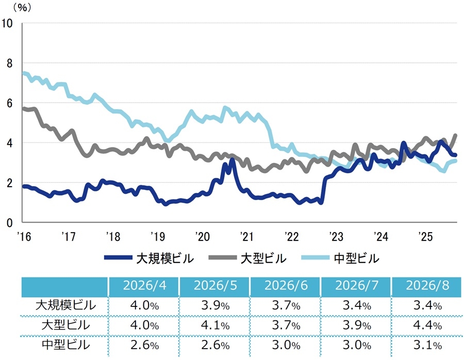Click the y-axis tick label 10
[7, 23]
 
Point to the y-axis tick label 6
[9, 103]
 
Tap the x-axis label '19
[158, 237]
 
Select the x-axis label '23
[336, 237]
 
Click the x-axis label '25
[425, 237]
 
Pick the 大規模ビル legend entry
[149, 258]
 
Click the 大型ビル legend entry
[247, 258]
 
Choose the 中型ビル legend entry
[340, 258]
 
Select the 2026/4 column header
[144, 285]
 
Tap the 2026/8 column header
[427, 285]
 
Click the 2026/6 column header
[286, 285]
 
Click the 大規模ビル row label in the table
[65, 305]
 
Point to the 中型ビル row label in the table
[65, 345]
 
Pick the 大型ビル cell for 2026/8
[427, 325]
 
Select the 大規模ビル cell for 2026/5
[216, 305]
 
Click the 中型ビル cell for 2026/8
[427, 345]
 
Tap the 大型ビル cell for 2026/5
[216, 325]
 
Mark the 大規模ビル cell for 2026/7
[357, 305]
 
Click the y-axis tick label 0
[9, 223]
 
